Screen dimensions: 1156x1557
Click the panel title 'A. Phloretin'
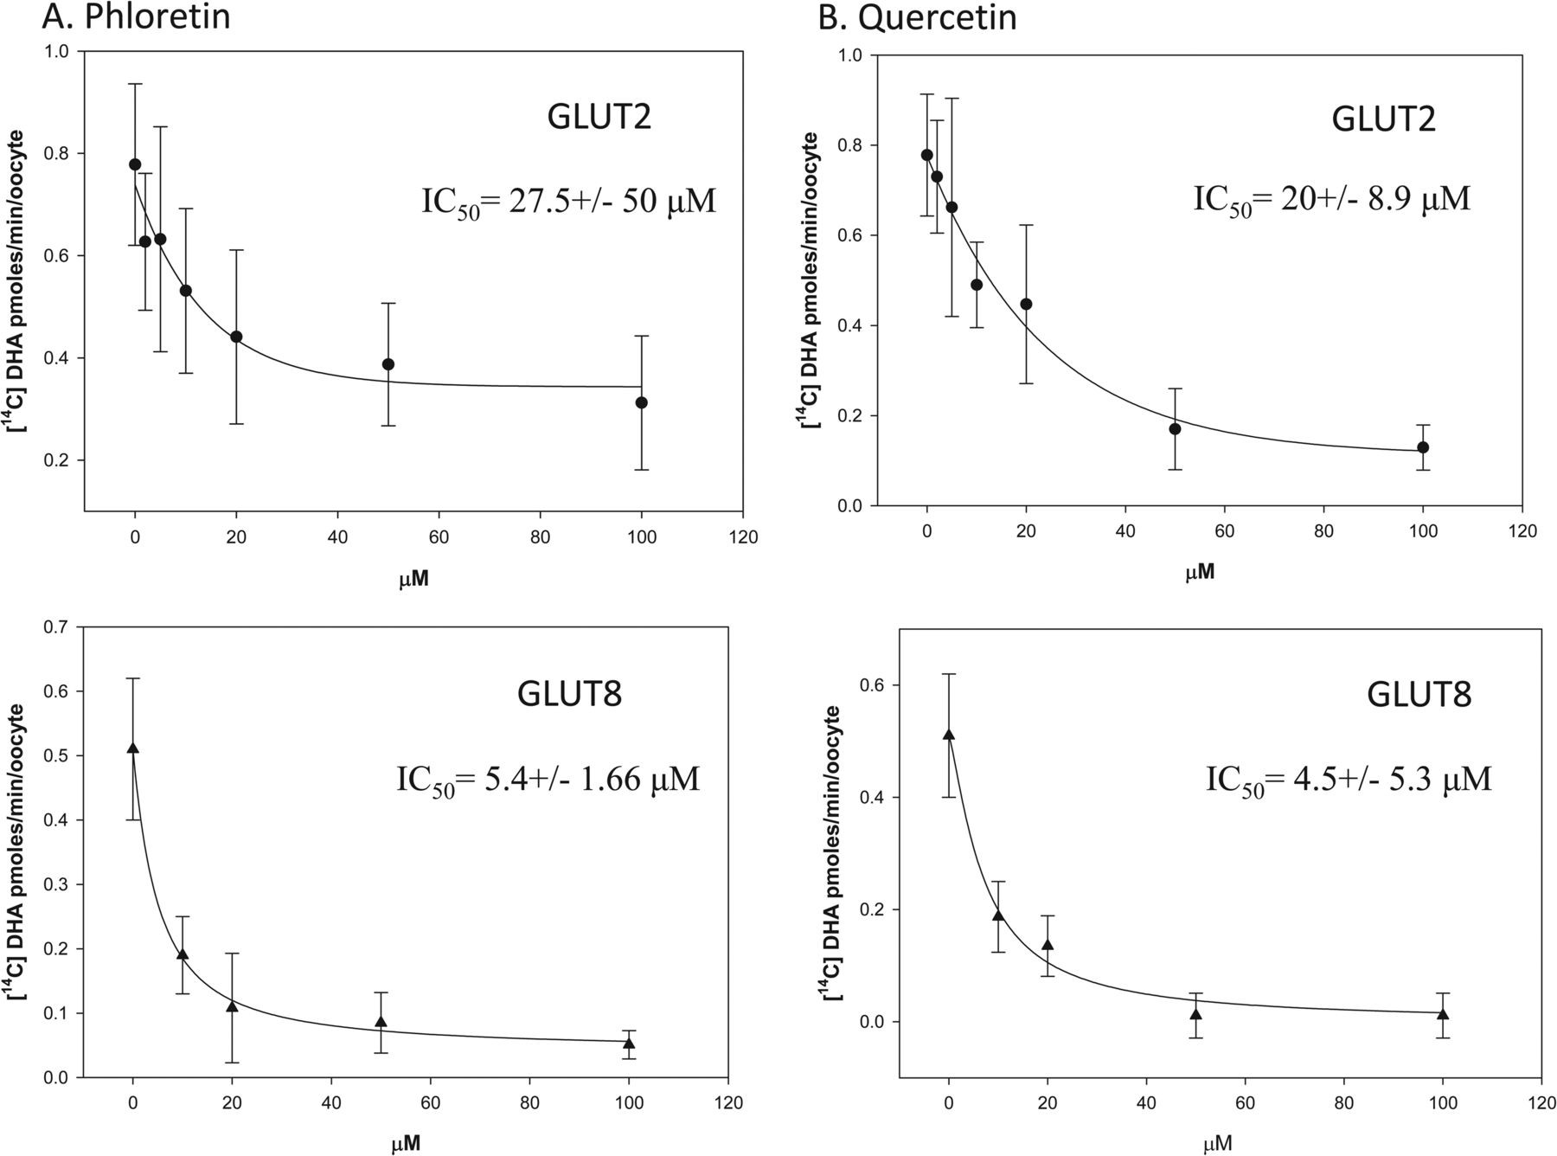click(x=136, y=17)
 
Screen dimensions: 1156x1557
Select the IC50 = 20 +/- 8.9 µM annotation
click(x=1332, y=200)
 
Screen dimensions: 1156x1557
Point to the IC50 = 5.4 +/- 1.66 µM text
click(x=548, y=780)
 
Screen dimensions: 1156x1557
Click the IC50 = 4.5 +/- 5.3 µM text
click(x=1349, y=780)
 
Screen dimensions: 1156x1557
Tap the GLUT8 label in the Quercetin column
click(x=1419, y=695)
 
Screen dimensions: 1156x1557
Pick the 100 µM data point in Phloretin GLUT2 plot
click(x=641, y=402)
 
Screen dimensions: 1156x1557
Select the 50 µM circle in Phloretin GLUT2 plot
click(x=388, y=364)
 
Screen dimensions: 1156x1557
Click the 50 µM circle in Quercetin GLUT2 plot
click(x=1175, y=428)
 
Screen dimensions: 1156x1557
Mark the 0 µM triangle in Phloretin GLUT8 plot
click(x=132, y=748)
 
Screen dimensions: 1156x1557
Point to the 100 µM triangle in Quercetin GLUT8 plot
click(x=1443, y=1013)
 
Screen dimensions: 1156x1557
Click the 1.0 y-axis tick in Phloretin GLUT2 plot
click(x=58, y=51)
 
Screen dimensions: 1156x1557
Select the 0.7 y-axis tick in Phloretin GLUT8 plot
click(x=58, y=626)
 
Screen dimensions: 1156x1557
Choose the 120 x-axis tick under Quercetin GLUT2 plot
click(x=1523, y=531)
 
